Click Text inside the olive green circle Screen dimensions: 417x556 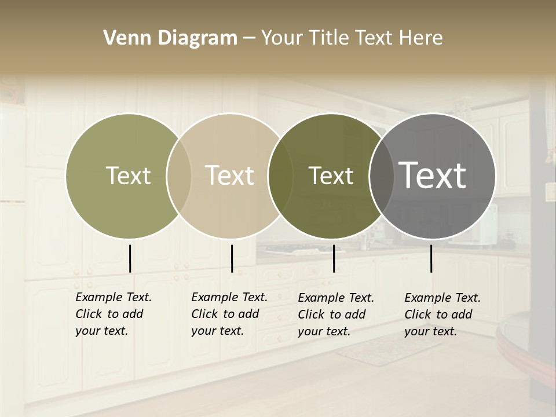[x=128, y=175]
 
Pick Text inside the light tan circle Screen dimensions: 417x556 [x=230, y=175]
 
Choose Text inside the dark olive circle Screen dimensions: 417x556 [x=331, y=175]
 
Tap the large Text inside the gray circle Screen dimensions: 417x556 [x=433, y=175]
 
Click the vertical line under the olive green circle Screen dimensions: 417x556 [x=130, y=258]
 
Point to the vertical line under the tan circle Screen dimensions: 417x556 [x=232, y=258]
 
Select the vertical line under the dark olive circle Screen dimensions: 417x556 [x=334, y=258]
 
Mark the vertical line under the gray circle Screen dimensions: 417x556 [x=431, y=258]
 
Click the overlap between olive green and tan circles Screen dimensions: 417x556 [x=179, y=175]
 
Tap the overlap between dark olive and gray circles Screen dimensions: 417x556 [x=381, y=175]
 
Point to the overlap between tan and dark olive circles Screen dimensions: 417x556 [x=280, y=175]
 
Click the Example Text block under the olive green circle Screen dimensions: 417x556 [x=113, y=314]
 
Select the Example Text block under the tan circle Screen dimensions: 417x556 [x=229, y=314]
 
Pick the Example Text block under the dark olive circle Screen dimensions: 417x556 [x=336, y=314]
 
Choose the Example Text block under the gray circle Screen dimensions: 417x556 [x=442, y=314]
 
